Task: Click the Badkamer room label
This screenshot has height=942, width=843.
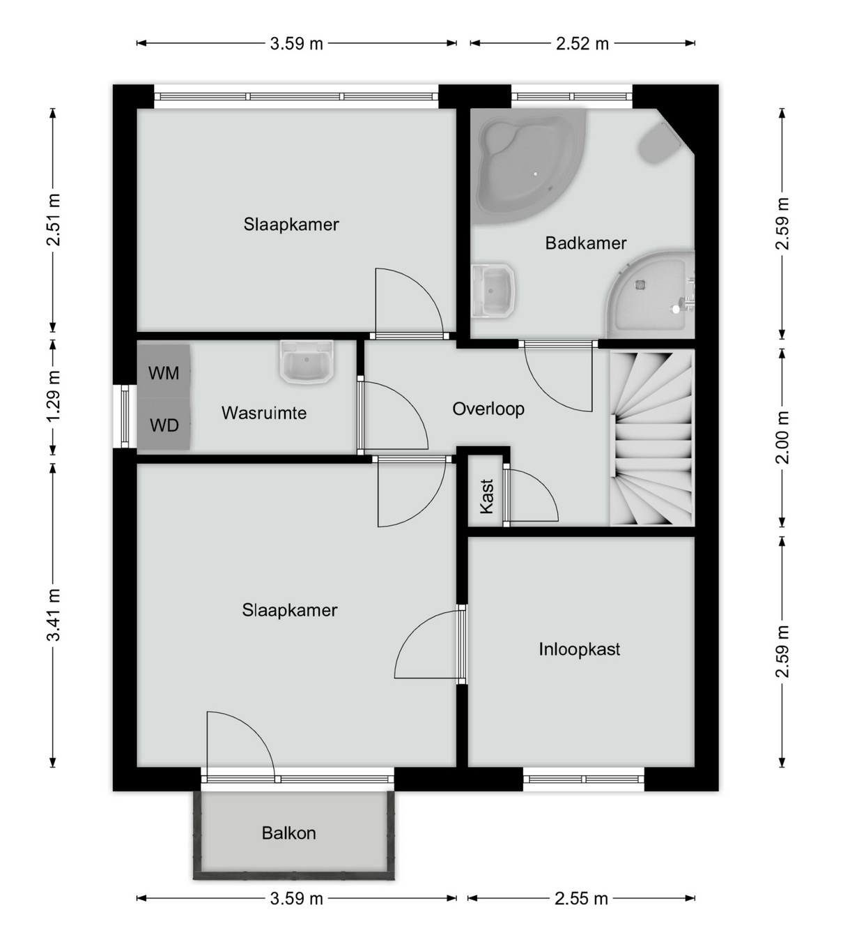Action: tap(585, 243)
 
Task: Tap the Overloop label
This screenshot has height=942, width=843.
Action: tap(488, 409)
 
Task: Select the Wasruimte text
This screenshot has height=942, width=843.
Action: tap(264, 413)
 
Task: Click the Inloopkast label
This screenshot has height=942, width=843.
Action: tap(580, 649)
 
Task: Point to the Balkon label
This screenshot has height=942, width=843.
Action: tap(288, 833)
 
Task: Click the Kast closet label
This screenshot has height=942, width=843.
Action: tap(486, 496)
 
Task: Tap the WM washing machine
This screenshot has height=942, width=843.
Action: tap(164, 371)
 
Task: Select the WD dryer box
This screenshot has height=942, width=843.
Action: tap(164, 424)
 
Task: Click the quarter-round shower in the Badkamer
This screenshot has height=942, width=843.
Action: tap(651, 295)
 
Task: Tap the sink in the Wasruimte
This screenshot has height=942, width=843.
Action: tap(307, 362)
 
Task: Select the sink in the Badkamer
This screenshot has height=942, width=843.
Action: tap(493, 291)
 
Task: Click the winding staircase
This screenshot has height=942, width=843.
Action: tap(652, 439)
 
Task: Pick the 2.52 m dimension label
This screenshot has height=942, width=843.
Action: tap(582, 43)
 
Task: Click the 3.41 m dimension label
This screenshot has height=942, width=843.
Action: tap(54, 615)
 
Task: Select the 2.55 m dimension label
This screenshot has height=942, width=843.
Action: tap(581, 899)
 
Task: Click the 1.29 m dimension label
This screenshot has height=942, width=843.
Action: tap(54, 395)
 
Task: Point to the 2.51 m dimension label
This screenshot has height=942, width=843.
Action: tap(54, 220)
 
